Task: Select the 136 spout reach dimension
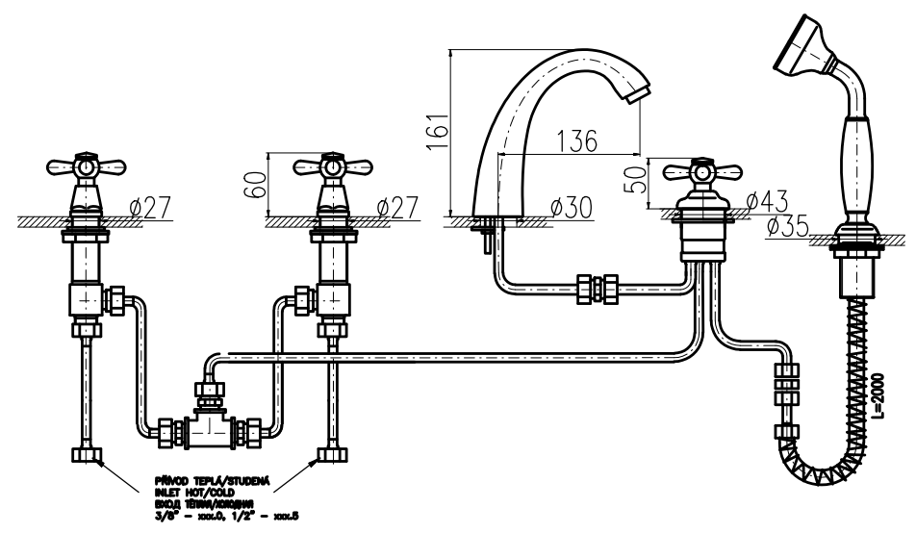575,140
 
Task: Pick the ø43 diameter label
767,201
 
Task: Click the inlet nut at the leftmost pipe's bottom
86,454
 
